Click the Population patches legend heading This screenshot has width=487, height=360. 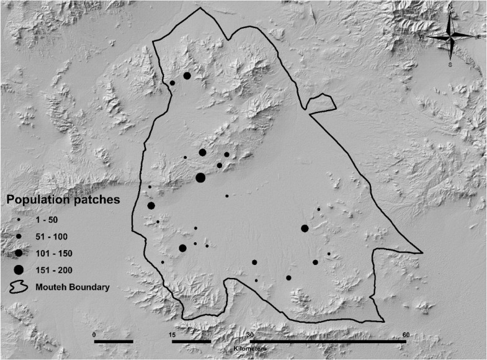[63, 200]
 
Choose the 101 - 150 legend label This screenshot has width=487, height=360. [55, 253]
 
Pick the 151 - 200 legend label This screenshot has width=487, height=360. [55, 269]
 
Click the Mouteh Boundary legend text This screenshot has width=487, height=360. [73, 287]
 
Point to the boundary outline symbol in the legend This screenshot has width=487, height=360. [19, 287]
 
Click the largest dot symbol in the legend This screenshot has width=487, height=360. [19, 269]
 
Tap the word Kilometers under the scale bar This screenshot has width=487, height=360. [251, 349]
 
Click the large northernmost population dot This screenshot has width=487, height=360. [187, 76]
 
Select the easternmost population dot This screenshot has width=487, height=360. [329, 253]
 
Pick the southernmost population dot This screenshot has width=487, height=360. [256, 281]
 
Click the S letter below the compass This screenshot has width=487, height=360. [450, 63]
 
